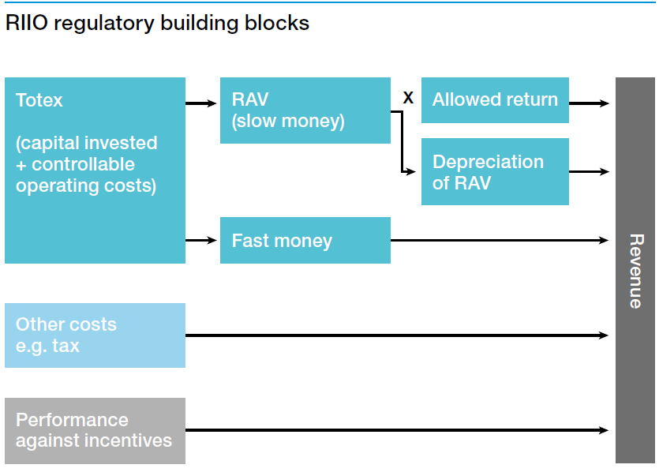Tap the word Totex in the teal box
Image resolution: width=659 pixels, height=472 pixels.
(x=39, y=101)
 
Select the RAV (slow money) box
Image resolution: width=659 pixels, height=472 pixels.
(x=305, y=111)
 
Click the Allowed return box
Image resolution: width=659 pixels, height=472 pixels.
(x=495, y=100)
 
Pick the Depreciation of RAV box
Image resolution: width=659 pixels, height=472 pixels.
(x=495, y=172)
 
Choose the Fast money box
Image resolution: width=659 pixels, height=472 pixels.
(x=305, y=241)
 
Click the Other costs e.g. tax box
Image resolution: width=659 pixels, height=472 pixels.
(x=95, y=335)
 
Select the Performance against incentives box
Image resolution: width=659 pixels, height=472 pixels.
(x=95, y=431)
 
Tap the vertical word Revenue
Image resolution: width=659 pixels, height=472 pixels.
(x=635, y=271)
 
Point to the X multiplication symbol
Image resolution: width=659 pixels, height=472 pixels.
(x=408, y=98)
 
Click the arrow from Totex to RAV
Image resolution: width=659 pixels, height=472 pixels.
(x=202, y=103)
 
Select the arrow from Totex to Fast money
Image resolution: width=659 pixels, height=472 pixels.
(x=202, y=240)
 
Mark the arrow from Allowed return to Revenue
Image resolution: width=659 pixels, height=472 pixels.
(x=590, y=103)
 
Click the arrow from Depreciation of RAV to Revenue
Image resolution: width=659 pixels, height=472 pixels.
(x=590, y=171)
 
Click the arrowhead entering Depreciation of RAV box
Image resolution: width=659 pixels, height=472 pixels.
(x=411, y=171)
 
